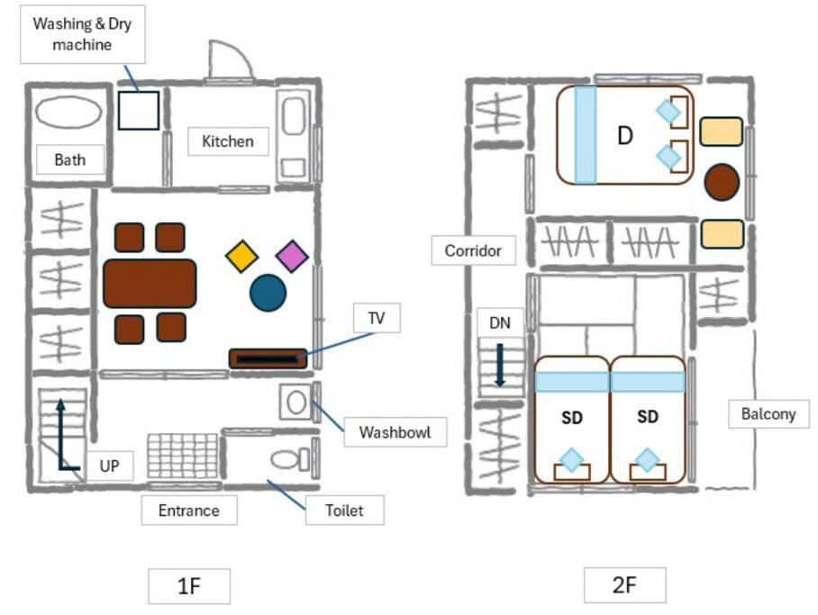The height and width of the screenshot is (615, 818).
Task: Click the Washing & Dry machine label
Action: coord(82,34)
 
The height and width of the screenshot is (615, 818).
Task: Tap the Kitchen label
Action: coord(228,141)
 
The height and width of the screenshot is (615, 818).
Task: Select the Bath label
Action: coord(70,159)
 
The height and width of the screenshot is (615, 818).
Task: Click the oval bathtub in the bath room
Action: coord(68,113)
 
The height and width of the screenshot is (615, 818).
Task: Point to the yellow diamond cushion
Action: coord(242,256)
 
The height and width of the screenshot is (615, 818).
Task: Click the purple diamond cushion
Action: coord(292,256)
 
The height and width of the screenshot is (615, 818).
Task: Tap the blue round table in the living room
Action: coord(268,293)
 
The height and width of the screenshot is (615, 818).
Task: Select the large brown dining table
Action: coord(150,284)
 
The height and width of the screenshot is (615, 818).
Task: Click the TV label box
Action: coord(377,318)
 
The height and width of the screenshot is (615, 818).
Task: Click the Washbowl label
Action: coord(395,432)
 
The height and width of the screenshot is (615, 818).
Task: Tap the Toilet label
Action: coord(344,510)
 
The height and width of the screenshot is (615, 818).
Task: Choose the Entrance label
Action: coord(189,510)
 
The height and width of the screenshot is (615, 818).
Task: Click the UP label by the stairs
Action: coord(109,466)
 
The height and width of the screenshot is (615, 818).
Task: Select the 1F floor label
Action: coord(189,586)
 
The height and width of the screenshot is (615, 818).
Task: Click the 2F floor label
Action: coord(624,584)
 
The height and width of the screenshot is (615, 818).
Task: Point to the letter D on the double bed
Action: coord(625,136)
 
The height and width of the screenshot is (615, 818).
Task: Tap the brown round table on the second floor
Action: coord(722,182)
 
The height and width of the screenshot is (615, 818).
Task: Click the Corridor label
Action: coord(473,250)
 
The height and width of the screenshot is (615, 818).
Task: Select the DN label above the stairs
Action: coord(500,323)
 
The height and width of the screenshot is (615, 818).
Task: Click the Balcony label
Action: coord(768,413)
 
